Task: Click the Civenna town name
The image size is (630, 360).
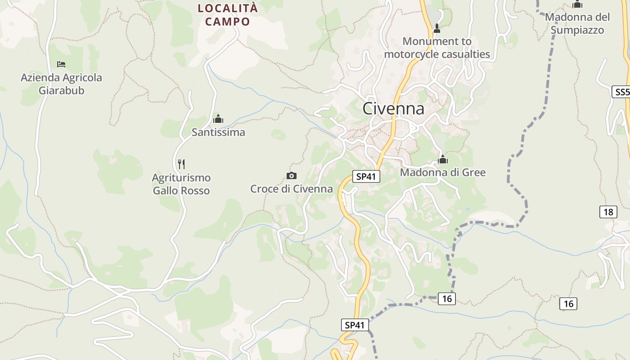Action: click(393, 108)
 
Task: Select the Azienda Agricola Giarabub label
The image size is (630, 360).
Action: click(61, 84)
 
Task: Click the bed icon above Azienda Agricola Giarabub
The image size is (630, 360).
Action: click(61, 64)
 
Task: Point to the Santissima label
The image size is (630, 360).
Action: click(218, 132)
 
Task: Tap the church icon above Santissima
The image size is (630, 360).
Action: click(218, 119)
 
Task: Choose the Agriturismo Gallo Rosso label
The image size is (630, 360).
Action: click(181, 184)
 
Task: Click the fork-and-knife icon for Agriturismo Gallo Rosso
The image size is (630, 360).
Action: click(181, 164)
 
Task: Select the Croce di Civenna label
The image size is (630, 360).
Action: click(292, 189)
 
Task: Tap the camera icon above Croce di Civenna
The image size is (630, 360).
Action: click(292, 175)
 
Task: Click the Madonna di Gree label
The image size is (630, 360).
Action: click(443, 172)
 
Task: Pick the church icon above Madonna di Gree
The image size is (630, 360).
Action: click(443, 159)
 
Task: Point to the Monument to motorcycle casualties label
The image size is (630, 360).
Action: click(437, 48)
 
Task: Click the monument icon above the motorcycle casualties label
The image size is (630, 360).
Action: click(436, 29)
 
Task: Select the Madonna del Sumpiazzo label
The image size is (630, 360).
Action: click(577, 24)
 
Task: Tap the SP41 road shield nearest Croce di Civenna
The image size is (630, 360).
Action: click(366, 176)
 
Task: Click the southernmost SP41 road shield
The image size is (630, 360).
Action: click(355, 325)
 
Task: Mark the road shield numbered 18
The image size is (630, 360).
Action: click(608, 212)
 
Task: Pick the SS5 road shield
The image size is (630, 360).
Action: click(621, 92)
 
